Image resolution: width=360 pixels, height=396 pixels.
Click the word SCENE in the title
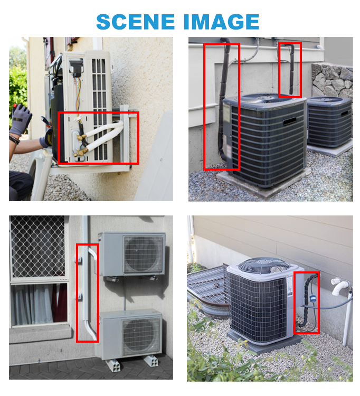pos(136,22)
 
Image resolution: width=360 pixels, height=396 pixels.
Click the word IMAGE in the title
pos(221,22)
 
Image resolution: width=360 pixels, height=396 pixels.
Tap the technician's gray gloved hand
pos(20,119)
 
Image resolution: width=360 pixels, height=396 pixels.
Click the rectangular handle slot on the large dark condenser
pos(290,121)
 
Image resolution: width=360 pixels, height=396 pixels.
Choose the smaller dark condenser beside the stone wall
pos(329,122)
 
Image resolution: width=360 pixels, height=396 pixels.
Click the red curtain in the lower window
pos(60,303)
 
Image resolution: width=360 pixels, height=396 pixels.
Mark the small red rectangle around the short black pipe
pos(290,70)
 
